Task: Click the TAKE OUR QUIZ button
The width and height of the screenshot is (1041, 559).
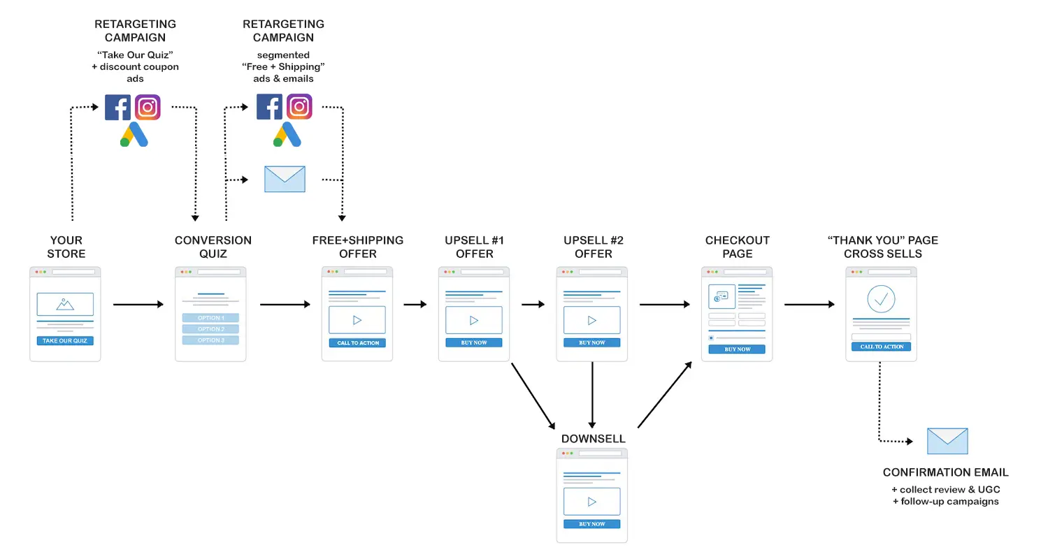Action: [65, 340]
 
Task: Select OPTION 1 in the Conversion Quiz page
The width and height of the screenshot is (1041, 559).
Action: [210, 318]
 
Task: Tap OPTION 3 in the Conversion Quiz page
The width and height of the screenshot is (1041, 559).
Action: [210, 340]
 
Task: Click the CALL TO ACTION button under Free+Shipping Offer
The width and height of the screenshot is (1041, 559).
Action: [357, 343]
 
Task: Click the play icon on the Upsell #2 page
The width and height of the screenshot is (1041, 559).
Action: [591, 320]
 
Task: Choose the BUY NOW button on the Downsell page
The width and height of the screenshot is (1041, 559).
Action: [591, 524]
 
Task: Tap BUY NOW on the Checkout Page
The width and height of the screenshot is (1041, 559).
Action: [737, 349]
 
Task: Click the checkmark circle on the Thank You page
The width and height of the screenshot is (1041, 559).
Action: [881, 299]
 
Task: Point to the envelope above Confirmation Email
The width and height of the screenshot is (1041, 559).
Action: [947, 441]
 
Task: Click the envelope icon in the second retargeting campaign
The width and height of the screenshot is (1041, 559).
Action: [285, 179]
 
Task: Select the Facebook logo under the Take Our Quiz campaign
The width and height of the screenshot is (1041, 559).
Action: [117, 108]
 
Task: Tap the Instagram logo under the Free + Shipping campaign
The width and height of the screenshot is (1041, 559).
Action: [299, 106]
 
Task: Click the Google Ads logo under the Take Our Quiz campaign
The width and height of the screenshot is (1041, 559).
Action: [134, 134]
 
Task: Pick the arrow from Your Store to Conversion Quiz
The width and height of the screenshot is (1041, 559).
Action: [138, 305]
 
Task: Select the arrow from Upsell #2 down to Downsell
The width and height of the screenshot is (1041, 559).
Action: [592, 395]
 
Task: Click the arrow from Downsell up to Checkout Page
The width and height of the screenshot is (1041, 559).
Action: [665, 395]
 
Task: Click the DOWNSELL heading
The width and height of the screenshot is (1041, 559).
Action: [593, 439]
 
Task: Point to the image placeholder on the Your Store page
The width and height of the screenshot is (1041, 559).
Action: [65, 305]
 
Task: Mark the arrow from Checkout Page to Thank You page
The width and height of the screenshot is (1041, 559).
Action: [810, 305]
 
